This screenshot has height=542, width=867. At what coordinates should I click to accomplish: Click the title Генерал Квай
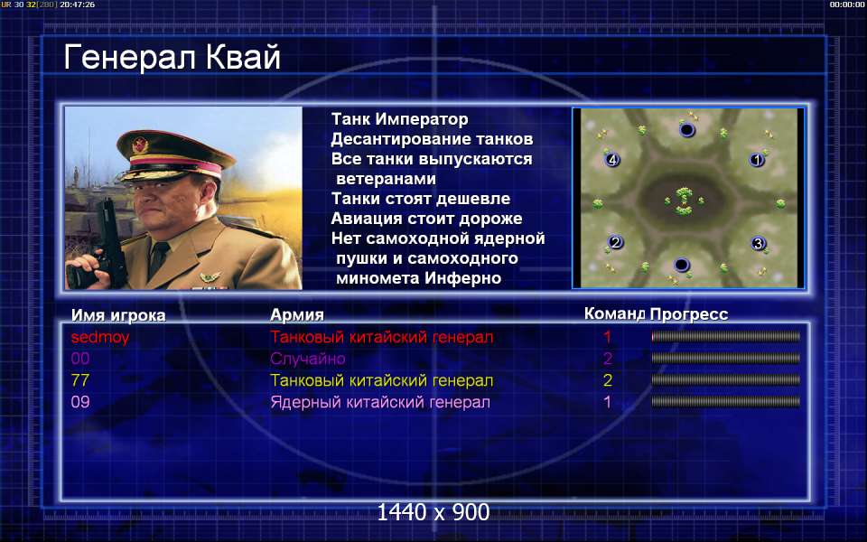point(172,58)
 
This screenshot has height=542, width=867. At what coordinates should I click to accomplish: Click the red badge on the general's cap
point(140,145)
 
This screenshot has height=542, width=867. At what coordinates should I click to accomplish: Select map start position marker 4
point(612,160)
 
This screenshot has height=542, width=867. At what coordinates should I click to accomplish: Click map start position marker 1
point(757,161)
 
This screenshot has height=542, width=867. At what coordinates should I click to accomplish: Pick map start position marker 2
point(615,242)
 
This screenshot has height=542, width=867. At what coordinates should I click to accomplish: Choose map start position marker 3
point(758,243)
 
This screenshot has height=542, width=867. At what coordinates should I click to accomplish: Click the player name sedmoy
point(100,337)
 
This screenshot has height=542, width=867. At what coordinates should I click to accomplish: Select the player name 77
point(80,380)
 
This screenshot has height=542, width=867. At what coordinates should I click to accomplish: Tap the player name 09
point(80,402)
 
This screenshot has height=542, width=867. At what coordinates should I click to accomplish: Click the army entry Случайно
point(307,359)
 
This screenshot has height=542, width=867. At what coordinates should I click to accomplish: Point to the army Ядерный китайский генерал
point(380,402)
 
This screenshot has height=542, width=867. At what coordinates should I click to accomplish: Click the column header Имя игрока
point(118,315)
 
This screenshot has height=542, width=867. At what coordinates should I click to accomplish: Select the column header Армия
point(297,315)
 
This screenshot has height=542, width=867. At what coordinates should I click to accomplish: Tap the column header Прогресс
point(689,314)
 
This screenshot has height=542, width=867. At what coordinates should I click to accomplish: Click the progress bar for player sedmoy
point(725,336)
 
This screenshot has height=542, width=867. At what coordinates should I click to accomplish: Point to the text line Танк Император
point(400,119)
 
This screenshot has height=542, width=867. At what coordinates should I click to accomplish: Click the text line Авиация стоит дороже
point(426,219)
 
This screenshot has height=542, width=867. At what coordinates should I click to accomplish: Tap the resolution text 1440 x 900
point(433,513)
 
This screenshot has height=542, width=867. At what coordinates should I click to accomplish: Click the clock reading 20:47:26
point(77,5)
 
